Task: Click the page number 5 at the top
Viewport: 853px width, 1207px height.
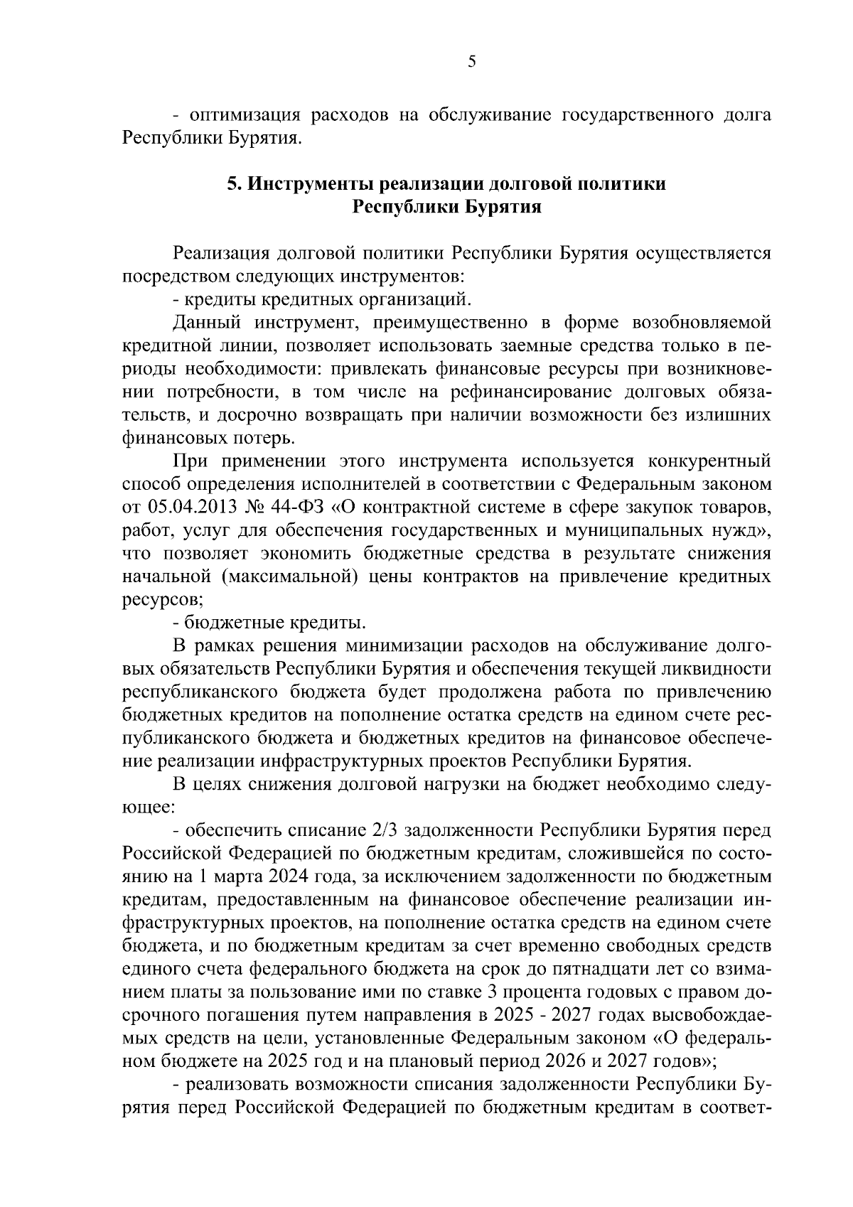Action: (x=472, y=62)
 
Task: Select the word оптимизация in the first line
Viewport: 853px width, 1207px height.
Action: (x=245, y=115)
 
